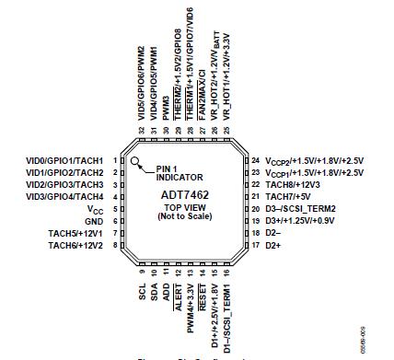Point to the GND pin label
(94, 221)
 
